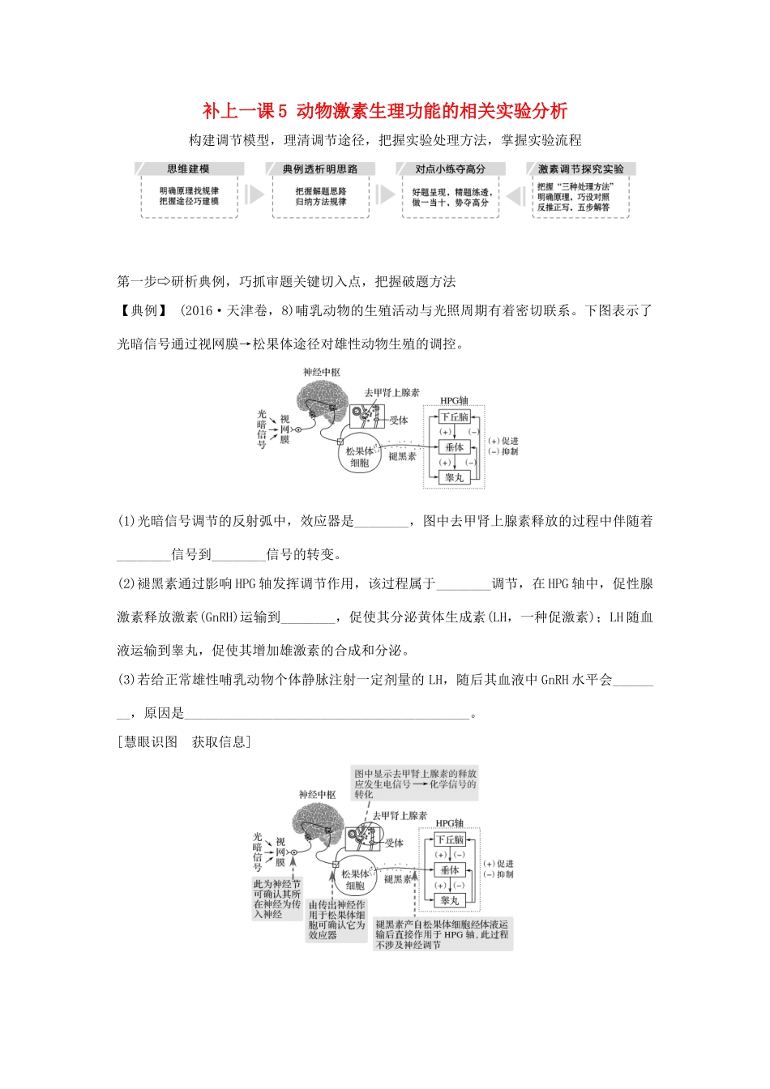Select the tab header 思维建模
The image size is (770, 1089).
pyautogui.click(x=188, y=169)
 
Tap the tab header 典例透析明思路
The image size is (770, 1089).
pyautogui.click(x=319, y=169)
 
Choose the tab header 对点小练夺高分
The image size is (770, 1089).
pyautogui.click(x=450, y=169)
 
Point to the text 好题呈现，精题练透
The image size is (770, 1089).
pyautogui.click(x=451, y=192)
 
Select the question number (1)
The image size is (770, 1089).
pyautogui.click(x=127, y=522)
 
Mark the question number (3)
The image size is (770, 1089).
pyautogui.click(x=127, y=680)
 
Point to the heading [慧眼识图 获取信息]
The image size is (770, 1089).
pyautogui.click(x=184, y=742)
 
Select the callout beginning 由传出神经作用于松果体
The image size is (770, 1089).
pyautogui.click(x=336, y=920)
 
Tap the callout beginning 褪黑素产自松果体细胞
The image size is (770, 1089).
pyautogui.click(x=443, y=934)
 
